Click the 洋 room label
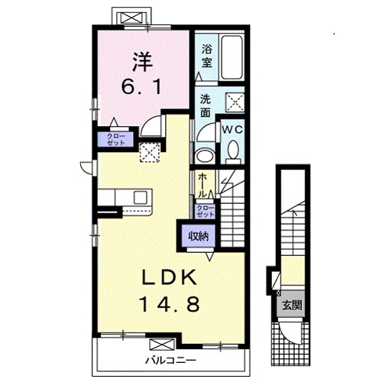point(143,62)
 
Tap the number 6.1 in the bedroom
point(141,86)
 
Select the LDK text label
point(170,277)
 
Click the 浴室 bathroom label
point(207,56)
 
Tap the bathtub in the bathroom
point(231,57)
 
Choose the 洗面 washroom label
point(206,105)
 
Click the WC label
point(232,130)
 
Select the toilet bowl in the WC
point(233,151)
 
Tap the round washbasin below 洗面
point(205,155)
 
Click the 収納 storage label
point(199,237)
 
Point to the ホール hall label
point(202,185)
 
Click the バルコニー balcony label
point(171,360)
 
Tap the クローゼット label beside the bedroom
point(116,139)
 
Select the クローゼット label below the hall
point(205,211)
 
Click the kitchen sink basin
point(141,197)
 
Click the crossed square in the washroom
point(235,102)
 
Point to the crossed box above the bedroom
point(131,18)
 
